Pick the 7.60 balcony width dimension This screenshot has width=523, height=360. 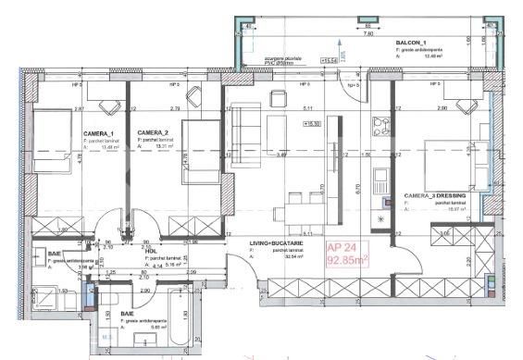coord(368,32)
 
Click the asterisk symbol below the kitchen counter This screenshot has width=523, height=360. coord(382,217)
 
